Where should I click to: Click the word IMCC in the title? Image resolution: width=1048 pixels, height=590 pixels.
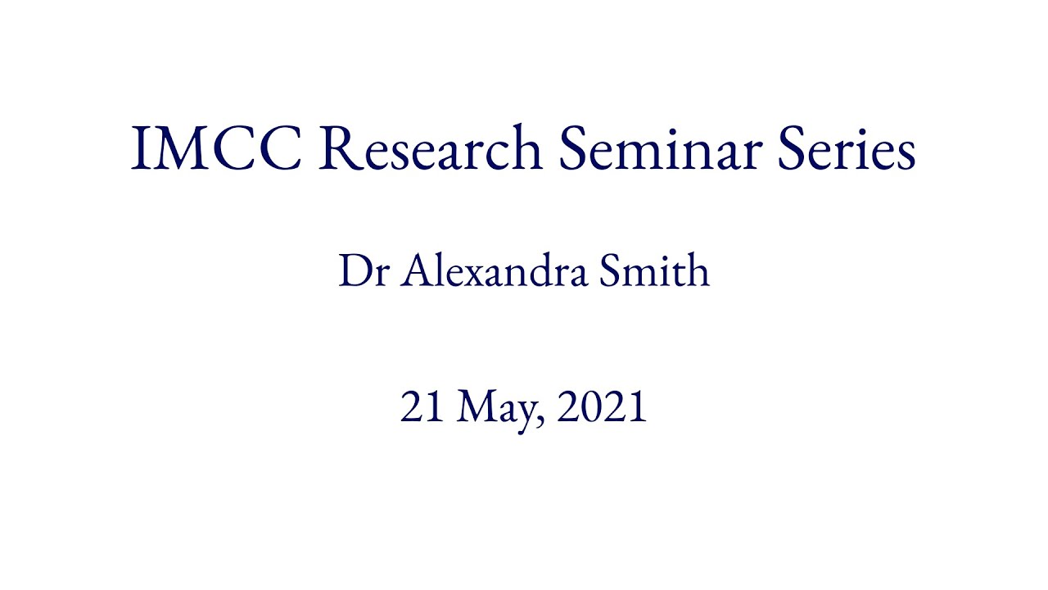(216, 148)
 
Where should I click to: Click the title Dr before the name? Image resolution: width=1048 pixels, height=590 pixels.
(362, 271)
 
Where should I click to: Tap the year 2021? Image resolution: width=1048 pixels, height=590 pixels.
(602, 406)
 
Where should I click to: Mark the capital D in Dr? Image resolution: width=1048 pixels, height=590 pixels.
(353, 271)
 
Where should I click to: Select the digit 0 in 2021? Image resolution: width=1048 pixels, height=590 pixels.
(589, 406)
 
